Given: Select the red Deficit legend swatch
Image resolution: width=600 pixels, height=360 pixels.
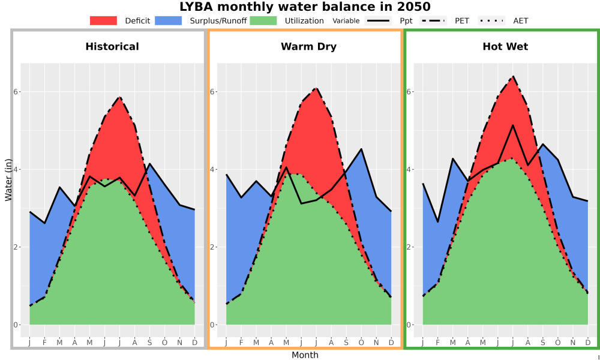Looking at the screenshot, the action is pos(103,20).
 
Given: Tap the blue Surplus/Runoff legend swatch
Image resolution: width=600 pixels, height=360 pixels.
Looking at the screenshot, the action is pos(169,20).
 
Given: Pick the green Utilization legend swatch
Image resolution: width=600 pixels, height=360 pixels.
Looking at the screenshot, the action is pos(263,20).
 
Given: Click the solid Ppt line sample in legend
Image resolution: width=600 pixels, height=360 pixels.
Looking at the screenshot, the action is pos(378,20).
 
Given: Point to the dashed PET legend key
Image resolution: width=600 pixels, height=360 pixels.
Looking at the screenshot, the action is pos(433,20).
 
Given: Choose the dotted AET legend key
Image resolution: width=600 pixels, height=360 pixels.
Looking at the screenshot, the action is pos(491,20).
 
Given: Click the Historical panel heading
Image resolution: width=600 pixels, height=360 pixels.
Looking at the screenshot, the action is pos(112,47).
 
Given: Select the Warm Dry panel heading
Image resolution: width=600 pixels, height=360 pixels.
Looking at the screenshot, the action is pos(309,47).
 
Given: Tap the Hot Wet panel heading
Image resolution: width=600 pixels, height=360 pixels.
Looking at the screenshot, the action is pos(505,47).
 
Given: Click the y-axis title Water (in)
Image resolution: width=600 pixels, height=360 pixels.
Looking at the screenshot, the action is pos(8,180).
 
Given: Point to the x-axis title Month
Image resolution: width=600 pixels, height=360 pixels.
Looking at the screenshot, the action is pos(305,355).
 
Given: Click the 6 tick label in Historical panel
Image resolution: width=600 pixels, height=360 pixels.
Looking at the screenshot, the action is pos(16,92).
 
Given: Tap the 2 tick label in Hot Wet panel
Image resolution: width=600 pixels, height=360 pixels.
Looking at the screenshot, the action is pos(409,247).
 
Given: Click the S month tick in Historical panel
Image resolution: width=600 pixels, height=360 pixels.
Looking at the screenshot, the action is pos(149,343).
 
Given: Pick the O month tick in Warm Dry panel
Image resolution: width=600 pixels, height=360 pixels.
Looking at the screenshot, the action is pos(361,343).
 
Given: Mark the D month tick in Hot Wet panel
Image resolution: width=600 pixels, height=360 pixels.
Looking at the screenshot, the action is pos(588,343).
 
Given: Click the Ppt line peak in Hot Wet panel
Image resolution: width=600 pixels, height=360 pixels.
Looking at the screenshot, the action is pos(513,125).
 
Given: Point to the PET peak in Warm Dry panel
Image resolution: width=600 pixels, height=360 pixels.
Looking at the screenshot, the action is pos(316,88).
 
